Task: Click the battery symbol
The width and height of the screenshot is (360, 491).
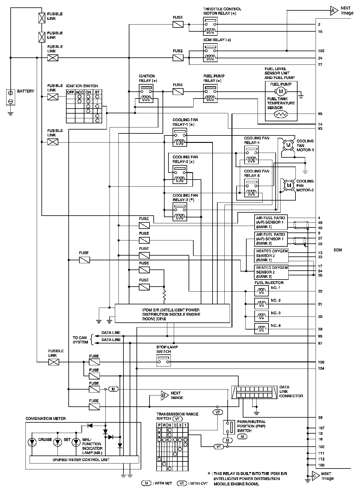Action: click(10, 97)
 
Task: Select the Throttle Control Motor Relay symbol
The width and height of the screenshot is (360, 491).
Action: click(210, 27)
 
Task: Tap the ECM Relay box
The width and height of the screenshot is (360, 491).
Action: click(210, 53)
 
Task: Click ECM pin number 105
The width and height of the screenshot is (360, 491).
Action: click(321, 51)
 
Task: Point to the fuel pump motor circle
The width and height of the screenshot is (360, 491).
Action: click(281, 91)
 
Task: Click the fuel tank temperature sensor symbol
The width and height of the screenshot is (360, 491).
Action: click(281, 114)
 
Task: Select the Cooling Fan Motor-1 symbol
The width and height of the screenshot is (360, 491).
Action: click(288, 145)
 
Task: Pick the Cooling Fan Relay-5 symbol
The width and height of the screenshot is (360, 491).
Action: click(251, 188)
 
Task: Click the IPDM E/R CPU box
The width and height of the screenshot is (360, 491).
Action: click(172, 313)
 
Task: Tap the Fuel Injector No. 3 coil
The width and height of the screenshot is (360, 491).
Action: click(261, 316)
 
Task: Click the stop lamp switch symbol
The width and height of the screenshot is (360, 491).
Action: click(163, 361)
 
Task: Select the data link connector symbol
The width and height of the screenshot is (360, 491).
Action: click(254, 392)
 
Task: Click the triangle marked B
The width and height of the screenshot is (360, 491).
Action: click(164, 395)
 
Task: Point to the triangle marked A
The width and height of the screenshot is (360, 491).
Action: click(334, 11)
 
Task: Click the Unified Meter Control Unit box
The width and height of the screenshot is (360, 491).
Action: click(84, 459)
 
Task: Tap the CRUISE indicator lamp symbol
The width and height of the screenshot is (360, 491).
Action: click(32, 442)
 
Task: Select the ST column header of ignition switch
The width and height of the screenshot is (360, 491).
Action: click(97, 92)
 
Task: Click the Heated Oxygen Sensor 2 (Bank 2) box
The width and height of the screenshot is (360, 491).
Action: click(271, 272)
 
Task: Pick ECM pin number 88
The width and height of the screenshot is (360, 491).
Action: click(320, 418)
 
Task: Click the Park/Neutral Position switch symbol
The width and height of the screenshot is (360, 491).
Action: click(227, 427)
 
